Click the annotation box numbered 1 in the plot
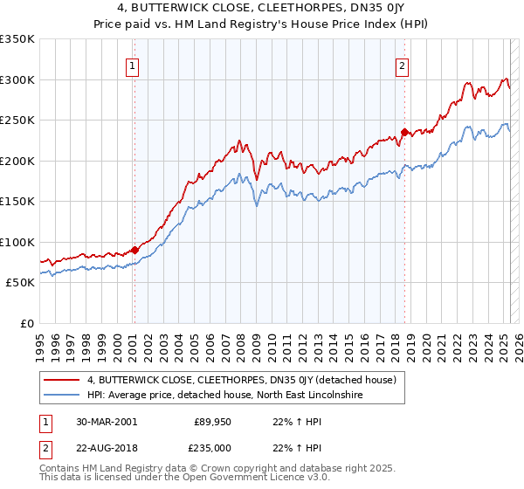tap(132, 64)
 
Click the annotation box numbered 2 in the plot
tap(402, 64)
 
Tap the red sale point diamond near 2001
tap(134, 250)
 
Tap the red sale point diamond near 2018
tap(404, 133)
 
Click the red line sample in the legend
tap(62, 380)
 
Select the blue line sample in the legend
tap(62, 396)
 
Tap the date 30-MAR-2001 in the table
tap(106, 421)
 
